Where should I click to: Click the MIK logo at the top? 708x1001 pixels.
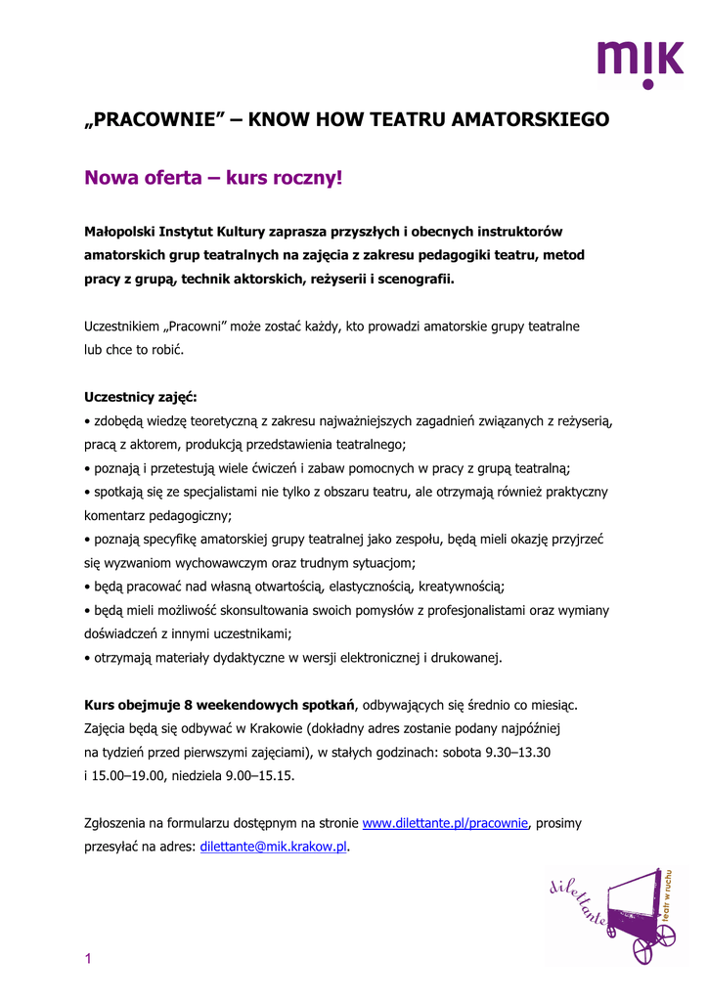click(x=641, y=65)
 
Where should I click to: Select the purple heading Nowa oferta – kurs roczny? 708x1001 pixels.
click(x=214, y=178)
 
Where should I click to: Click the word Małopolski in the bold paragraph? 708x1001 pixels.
click(x=120, y=232)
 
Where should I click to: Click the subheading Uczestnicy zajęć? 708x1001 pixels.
click(x=141, y=398)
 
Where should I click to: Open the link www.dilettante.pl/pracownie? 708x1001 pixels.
click(x=446, y=823)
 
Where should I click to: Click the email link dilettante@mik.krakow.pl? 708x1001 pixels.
click(x=274, y=847)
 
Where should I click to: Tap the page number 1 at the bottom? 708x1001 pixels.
click(x=88, y=959)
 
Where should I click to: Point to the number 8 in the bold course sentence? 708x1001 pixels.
click(x=189, y=705)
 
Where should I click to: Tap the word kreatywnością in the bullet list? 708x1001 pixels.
click(x=461, y=587)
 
